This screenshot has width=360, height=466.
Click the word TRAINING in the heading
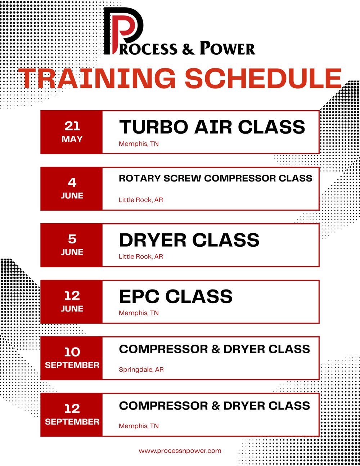pos(97,79)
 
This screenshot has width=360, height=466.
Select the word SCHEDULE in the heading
pos(263,79)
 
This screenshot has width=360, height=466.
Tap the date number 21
pos(72,126)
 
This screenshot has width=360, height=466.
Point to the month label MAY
pos(72,139)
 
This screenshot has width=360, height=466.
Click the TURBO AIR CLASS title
pos(212,127)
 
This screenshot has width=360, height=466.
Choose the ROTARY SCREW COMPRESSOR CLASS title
pos(215,178)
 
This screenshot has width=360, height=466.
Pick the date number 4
pos(72,182)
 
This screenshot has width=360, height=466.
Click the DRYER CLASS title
pos(189,240)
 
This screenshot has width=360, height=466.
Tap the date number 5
pos(72,239)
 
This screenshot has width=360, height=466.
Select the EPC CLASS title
pos(176,297)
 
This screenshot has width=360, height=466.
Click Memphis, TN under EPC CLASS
pos(139,313)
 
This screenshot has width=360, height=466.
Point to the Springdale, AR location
pos(141,369)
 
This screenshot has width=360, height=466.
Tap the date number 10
pos(72,352)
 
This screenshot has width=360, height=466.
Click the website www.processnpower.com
pos(180,451)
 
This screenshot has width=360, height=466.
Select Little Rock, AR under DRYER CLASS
pos(141,256)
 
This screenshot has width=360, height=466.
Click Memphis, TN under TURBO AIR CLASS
pos(139,144)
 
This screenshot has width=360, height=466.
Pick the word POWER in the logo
pos(227,48)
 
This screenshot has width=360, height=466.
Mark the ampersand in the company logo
pos(188,49)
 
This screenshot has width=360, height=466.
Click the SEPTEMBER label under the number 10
pos(72,365)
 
